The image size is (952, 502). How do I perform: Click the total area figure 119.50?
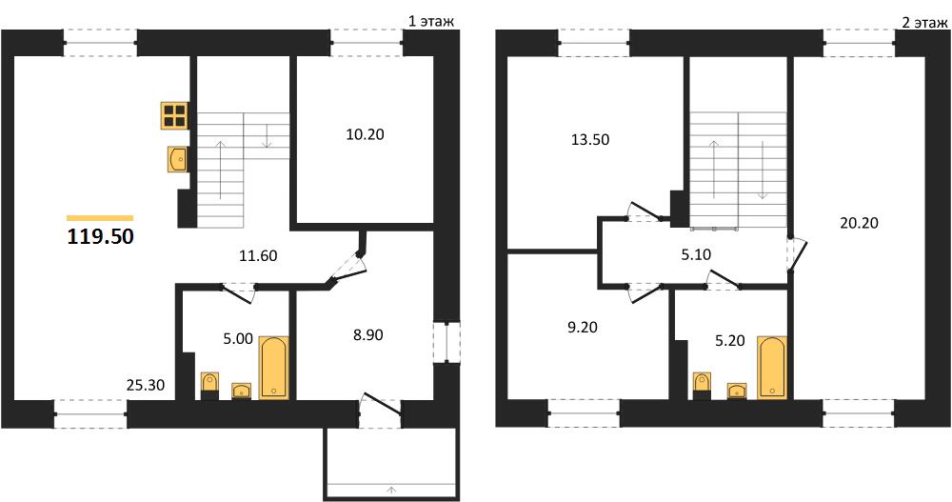(x=100, y=236)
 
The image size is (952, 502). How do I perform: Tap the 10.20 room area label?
(x=365, y=134)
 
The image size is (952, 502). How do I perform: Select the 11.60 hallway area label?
(x=258, y=256)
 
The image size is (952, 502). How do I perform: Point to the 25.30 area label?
(x=146, y=385)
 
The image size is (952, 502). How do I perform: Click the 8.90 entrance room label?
(x=367, y=335)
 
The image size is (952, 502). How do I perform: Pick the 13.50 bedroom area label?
(x=590, y=140)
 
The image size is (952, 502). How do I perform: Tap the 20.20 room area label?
(x=859, y=223)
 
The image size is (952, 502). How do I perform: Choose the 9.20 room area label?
(x=582, y=328)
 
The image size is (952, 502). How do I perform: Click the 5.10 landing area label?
(x=696, y=254)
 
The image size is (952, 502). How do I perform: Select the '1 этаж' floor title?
(x=430, y=22)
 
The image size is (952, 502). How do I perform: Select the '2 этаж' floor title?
(x=924, y=23)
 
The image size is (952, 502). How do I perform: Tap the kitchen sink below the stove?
(x=177, y=160)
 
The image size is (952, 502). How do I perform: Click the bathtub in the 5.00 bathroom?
(x=274, y=368)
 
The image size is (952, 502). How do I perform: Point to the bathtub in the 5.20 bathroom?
(x=772, y=368)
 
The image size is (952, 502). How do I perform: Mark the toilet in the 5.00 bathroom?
(x=209, y=385)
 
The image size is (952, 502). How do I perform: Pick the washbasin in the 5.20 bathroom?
(x=737, y=391)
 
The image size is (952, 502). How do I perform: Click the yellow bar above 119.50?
(x=100, y=217)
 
